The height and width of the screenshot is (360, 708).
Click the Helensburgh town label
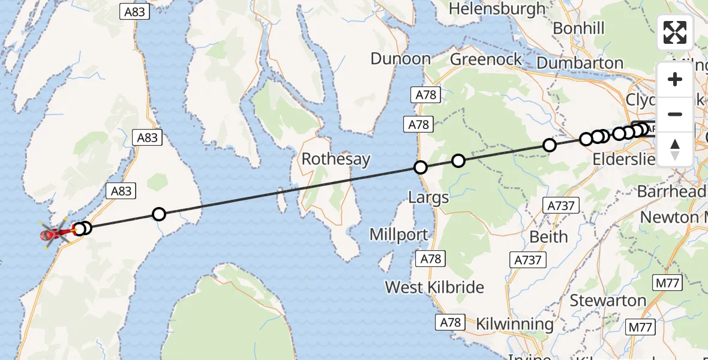(x=497, y=9)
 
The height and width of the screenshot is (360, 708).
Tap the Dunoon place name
(x=401, y=59)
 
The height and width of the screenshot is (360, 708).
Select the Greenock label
(x=486, y=59)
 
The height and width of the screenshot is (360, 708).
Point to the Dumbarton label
(x=580, y=63)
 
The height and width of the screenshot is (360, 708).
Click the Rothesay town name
(x=336, y=160)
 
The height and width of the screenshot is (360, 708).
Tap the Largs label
(x=428, y=197)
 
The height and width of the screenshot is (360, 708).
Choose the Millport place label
(x=399, y=235)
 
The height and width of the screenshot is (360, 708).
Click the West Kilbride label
(x=434, y=287)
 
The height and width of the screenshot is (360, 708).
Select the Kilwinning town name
(x=515, y=325)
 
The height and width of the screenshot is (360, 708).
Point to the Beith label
(x=548, y=236)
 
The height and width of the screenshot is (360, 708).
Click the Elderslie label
(x=623, y=160)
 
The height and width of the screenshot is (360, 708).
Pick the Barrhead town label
(x=671, y=192)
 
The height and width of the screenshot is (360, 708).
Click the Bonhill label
(x=578, y=29)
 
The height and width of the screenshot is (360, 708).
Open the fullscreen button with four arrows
(x=675, y=32)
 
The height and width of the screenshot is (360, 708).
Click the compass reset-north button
(x=675, y=149)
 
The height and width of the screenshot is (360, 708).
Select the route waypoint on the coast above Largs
(x=421, y=167)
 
